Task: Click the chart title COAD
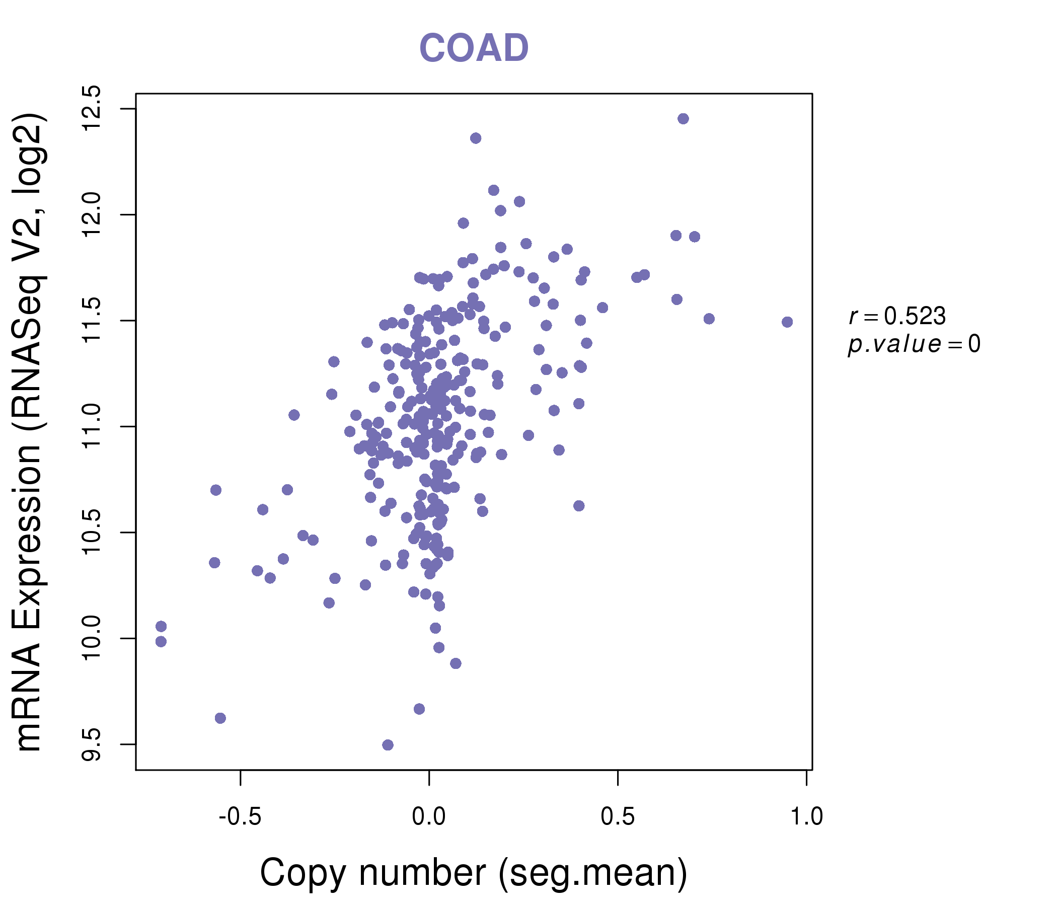pos(474,48)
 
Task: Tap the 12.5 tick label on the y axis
pos(92,109)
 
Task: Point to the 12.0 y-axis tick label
pos(92,215)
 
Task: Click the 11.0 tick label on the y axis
pos(92,426)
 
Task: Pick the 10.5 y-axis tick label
pos(92,533)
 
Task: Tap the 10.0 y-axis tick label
pos(92,638)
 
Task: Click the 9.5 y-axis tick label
pos(92,744)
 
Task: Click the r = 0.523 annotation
pos(897,316)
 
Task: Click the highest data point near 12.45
pos(683,119)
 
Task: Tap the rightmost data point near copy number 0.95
pos(787,322)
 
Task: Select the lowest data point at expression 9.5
pos(388,745)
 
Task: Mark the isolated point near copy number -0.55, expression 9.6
pos(220,718)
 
